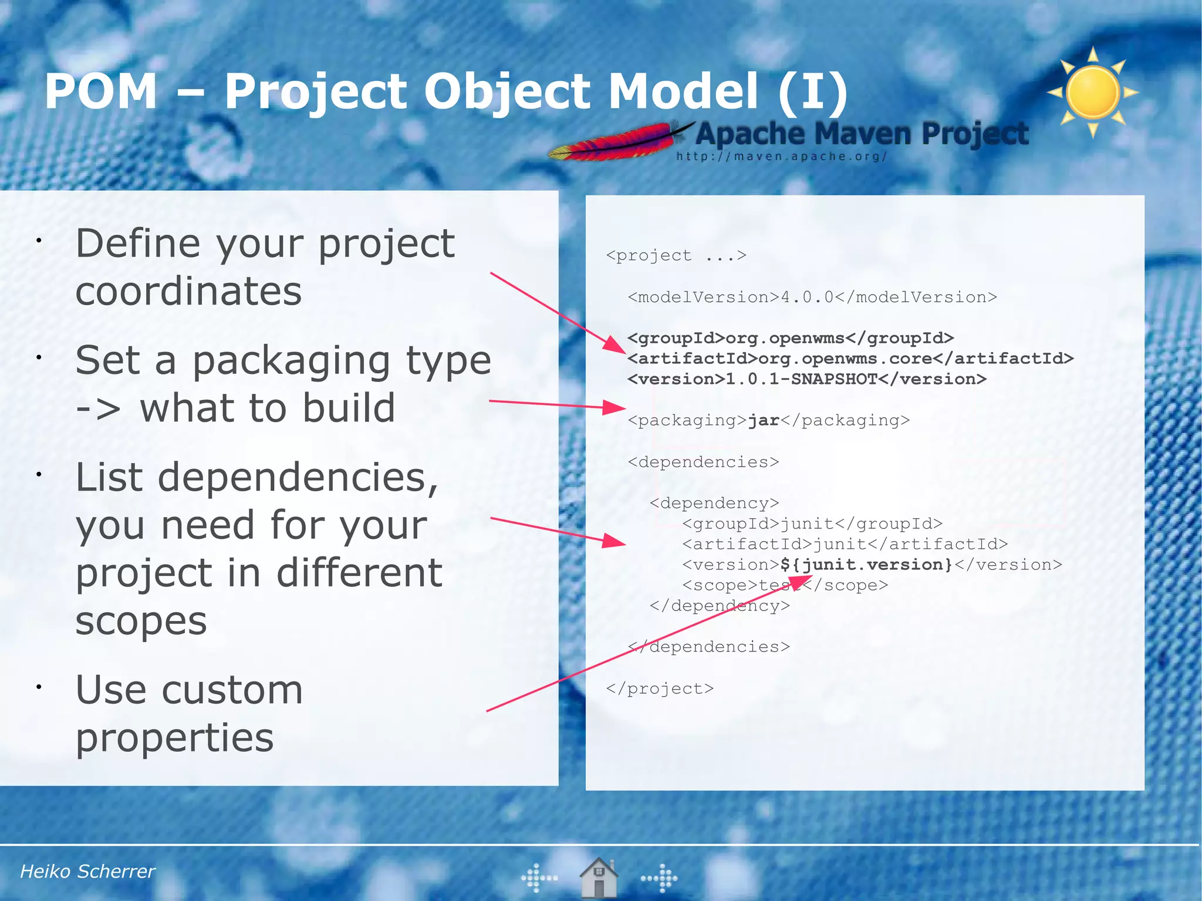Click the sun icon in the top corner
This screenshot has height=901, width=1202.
click(1093, 92)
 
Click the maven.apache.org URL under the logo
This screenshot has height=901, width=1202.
click(781, 157)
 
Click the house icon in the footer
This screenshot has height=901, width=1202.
click(598, 878)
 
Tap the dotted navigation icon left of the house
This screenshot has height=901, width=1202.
click(538, 878)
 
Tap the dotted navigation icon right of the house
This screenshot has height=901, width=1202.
click(660, 878)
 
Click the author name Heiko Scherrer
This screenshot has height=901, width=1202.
click(87, 871)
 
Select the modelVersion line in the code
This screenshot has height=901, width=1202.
click(812, 297)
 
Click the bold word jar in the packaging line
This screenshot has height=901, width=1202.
click(763, 420)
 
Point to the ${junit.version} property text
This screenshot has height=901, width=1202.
click(866, 565)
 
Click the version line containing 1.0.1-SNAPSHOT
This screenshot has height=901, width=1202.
click(807, 379)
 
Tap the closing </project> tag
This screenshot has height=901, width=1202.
click(660, 688)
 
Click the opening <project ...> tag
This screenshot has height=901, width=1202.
click(676, 255)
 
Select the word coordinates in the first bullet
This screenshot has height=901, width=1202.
click(188, 291)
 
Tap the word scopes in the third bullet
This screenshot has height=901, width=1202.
click(141, 620)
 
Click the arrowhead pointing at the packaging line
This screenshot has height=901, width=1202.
click(615, 407)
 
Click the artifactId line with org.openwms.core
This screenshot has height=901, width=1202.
click(850, 359)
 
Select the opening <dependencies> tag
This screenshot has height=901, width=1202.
click(703, 462)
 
